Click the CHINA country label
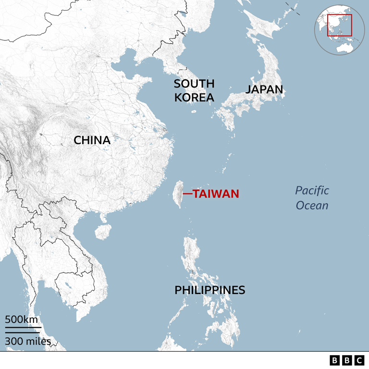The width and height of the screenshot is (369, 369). coord(92,140)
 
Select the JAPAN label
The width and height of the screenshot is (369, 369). coord(264,89)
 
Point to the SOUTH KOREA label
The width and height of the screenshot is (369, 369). coord(194,90)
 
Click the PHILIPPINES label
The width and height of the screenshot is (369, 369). coord(209,290)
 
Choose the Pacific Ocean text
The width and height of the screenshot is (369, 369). coord(312,198)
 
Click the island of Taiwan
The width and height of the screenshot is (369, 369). coord(177,194)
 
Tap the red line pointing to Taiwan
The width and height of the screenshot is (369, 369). coord(186,194)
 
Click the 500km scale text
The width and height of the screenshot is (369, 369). coord(22,319)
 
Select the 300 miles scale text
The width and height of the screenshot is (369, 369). coord(28,342)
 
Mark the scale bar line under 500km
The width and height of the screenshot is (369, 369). coord(23,328)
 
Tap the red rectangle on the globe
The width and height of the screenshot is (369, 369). coord(339,25)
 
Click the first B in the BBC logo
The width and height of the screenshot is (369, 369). coord(335,360)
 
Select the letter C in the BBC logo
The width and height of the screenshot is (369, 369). coord(358,360)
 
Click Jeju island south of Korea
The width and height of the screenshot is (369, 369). coord(194,111)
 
